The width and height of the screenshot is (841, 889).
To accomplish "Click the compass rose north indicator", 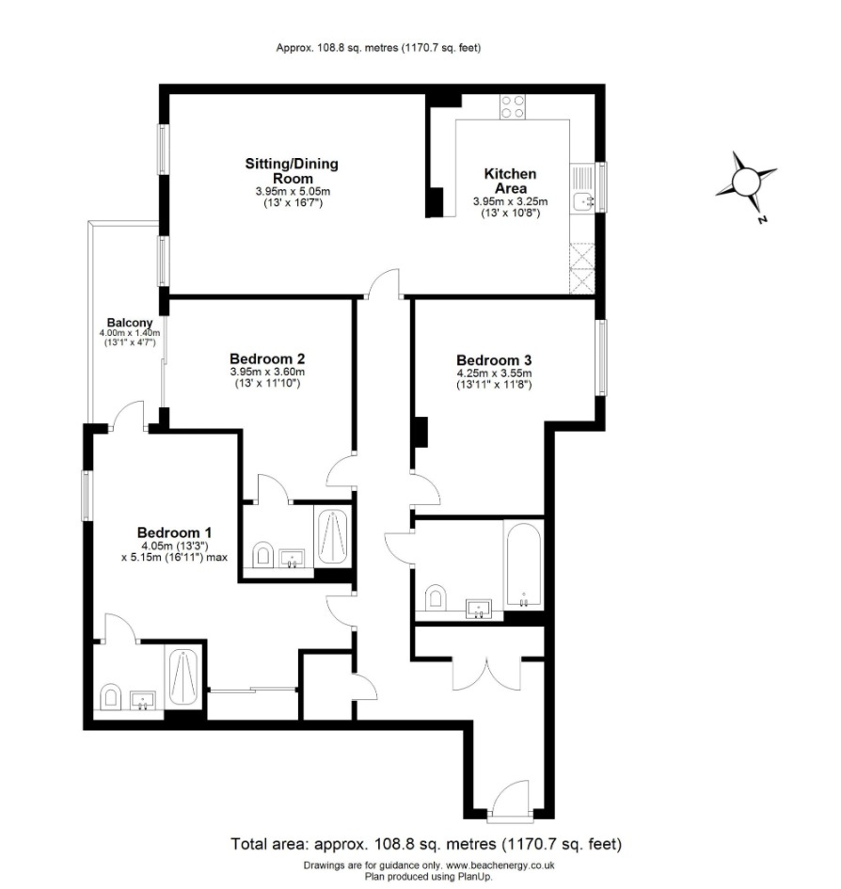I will (x=747, y=181).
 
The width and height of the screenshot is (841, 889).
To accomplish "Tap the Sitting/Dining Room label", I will (x=292, y=171).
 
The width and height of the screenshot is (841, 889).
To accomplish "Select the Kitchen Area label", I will (x=510, y=182).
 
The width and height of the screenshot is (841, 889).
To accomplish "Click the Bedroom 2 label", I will (x=267, y=358).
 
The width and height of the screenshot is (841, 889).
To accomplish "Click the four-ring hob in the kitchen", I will (x=513, y=106).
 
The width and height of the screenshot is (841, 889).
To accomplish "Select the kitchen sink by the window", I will (x=584, y=188).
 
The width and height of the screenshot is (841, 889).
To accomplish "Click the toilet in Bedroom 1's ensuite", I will (x=110, y=696).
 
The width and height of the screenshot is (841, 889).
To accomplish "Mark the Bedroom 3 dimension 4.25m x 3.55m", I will (x=494, y=373).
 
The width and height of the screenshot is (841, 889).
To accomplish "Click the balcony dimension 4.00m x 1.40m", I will (x=130, y=333).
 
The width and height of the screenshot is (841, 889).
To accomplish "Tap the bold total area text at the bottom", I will (x=426, y=843).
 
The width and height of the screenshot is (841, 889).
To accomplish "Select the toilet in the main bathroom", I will (x=436, y=596).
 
